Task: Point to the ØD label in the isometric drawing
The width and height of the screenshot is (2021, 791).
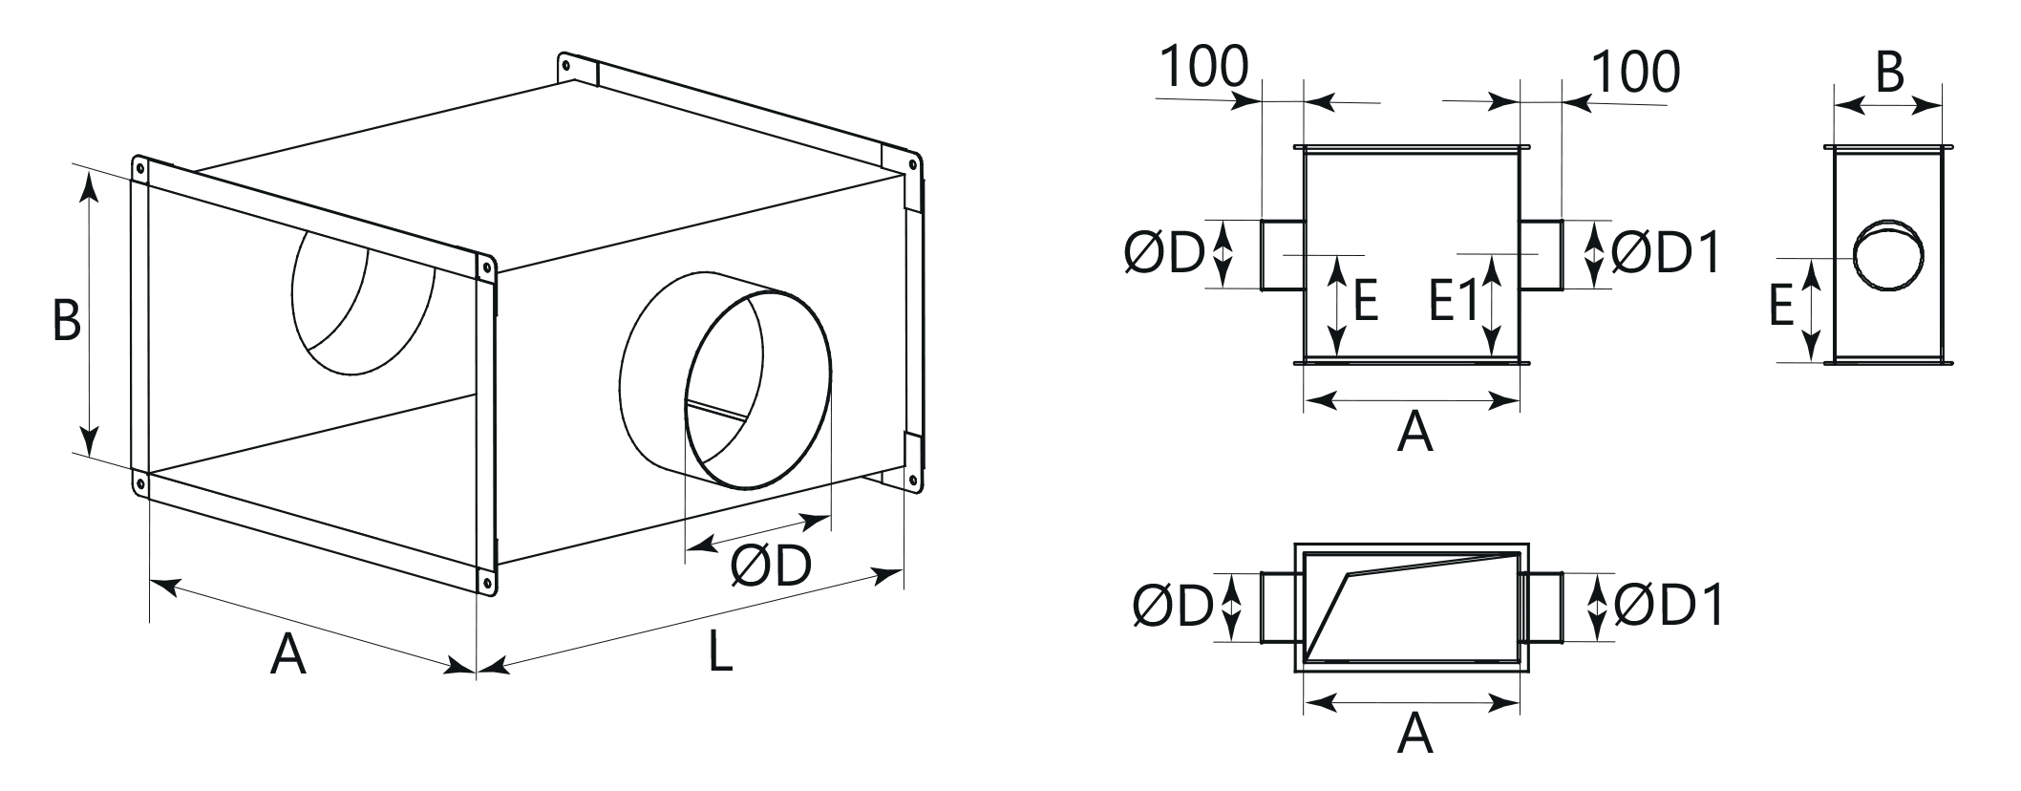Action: click(771, 566)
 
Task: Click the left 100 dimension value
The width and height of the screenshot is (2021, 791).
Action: click(1204, 67)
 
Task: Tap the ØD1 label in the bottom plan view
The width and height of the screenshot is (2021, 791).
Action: click(1669, 606)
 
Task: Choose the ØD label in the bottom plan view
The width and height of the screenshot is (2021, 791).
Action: click(1173, 606)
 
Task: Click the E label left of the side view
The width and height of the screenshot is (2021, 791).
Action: click(1781, 307)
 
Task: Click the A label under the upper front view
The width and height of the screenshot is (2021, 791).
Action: click(1415, 432)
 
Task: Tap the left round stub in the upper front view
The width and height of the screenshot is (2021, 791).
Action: click(1284, 254)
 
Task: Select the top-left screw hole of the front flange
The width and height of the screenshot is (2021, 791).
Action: click(140, 169)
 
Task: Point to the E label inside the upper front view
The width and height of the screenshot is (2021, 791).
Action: click(1365, 303)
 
